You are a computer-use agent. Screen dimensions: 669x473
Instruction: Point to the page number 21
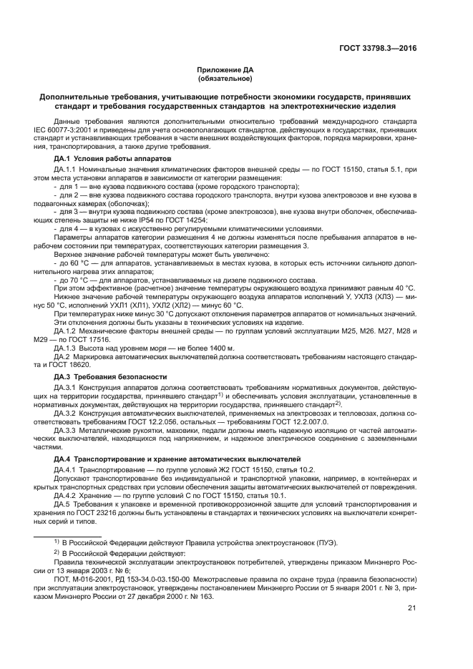pos(412,608)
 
